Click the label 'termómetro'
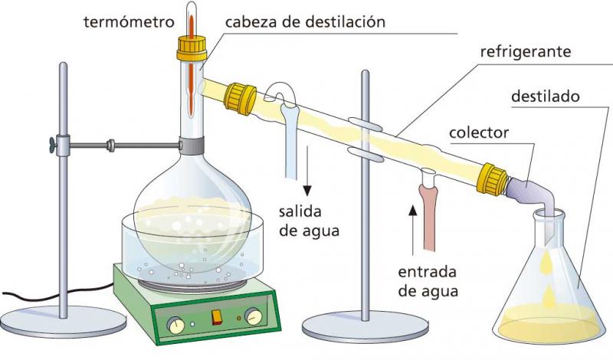(129, 22)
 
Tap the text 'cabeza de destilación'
(305, 22)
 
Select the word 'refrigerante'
(526, 52)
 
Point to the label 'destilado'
(546, 97)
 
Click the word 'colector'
(479, 133)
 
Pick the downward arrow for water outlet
(308, 171)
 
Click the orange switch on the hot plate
(217, 317)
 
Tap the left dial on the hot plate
(175, 325)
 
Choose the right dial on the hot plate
(254, 316)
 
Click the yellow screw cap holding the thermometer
(192, 48)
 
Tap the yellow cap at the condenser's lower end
(491, 179)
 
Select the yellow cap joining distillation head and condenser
(240, 99)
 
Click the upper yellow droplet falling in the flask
(546, 262)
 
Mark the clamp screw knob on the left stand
(53, 145)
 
